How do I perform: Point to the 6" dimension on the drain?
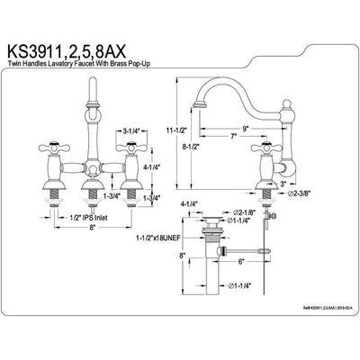pyautogui.click(x=242, y=261)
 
